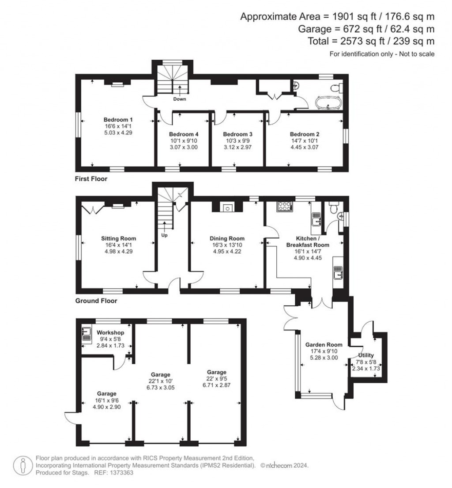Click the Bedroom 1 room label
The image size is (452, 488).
pyautogui.click(x=118, y=120)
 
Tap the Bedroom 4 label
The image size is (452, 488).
pyautogui.click(x=183, y=134)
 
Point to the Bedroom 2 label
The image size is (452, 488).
pyautogui.click(x=304, y=134)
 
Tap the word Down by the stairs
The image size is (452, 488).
pyautogui.click(x=179, y=99)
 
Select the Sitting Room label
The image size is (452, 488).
pyautogui.click(x=119, y=239)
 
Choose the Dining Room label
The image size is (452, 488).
pyautogui.click(x=227, y=239)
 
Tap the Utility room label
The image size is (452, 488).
pyautogui.click(x=366, y=355)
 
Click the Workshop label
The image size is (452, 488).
pyautogui.click(x=110, y=332)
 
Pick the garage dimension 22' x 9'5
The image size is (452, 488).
pyautogui.click(x=215, y=378)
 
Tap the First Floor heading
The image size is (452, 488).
pyautogui.click(x=91, y=179)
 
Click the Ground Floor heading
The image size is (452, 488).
pyautogui.click(x=95, y=301)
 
